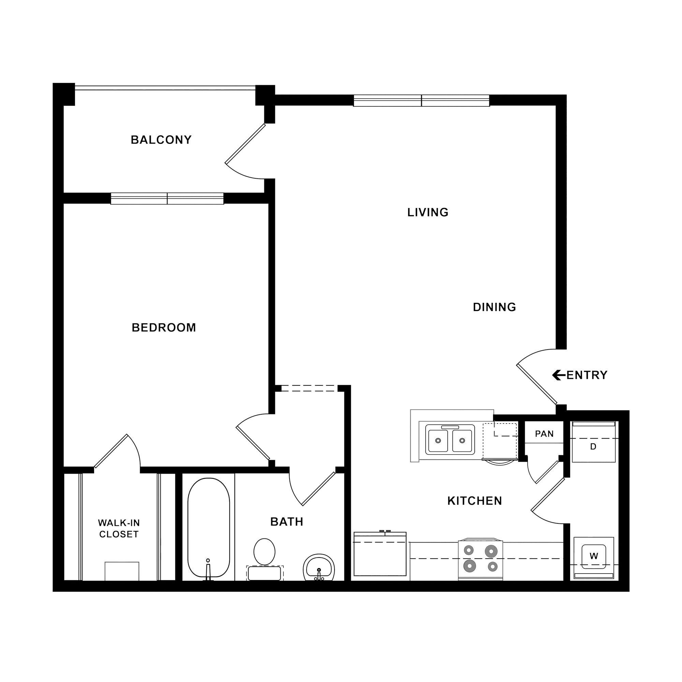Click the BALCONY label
(161, 140)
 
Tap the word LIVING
(428, 212)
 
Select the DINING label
(494, 307)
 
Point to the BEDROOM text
(164, 328)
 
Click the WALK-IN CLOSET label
(119, 529)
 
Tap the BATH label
(287, 522)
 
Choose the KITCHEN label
(474, 501)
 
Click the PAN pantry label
(544, 434)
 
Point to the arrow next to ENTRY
(558, 375)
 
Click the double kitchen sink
(450, 440)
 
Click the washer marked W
(594, 557)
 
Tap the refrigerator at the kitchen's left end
(380, 555)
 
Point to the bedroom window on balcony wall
(167, 198)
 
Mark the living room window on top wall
(421, 101)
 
